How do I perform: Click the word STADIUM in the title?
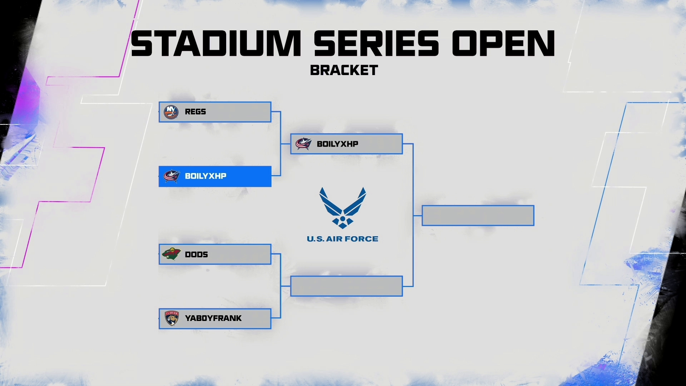tap(216, 44)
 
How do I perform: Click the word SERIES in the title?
tap(376, 44)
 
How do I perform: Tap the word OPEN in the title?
tap(503, 44)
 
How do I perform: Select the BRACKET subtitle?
tap(344, 70)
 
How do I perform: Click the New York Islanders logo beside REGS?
tap(171, 112)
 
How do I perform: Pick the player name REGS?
tap(195, 112)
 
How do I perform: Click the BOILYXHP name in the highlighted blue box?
tap(205, 176)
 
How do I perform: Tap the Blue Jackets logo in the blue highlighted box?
tap(171, 176)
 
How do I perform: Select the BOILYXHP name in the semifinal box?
tap(337, 144)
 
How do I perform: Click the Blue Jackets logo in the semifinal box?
tap(303, 144)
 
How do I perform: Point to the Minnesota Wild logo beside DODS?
tap(171, 254)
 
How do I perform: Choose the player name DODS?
tap(196, 254)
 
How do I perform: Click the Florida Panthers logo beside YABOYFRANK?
tap(171, 318)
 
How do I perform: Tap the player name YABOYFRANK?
tap(213, 318)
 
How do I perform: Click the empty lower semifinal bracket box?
tap(346, 286)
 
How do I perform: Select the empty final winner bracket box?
tap(478, 216)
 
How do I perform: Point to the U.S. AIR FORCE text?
tap(342, 239)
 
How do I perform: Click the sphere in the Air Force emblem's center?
tap(343, 218)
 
